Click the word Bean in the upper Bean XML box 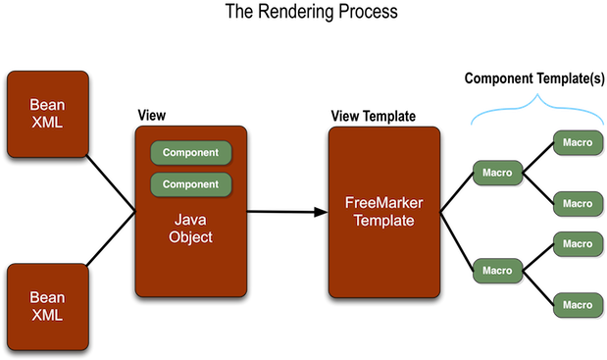click(x=47, y=105)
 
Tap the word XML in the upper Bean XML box click(x=47, y=123)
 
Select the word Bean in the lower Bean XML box click(x=47, y=297)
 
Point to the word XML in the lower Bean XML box click(x=47, y=315)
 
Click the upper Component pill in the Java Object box click(x=190, y=153)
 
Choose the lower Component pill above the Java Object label click(x=190, y=184)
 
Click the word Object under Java click(x=190, y=237)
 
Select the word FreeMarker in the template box click(x=384, y=203)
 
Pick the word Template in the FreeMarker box click(x=384, y=221)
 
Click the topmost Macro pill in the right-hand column click(x=577, y=143)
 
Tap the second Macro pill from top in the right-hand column click(x=577, y=204)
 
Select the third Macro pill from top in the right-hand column click(x=577, y=243)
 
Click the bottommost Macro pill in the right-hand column click(x=577, y=305)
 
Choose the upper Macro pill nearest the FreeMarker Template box click(x=497, y=174)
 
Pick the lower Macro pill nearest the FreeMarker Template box click(x=497, y=270)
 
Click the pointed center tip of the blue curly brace click(x=536, y=94)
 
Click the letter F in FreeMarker click(x=349, y=203)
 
